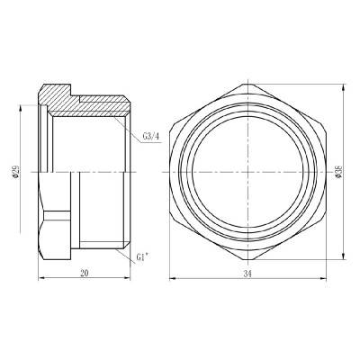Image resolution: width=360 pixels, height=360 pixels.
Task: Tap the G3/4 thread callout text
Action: pyautogui.click(x=151, y=137)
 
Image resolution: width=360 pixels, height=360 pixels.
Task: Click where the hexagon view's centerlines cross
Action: pyautogui.click(x=246, y=172)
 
